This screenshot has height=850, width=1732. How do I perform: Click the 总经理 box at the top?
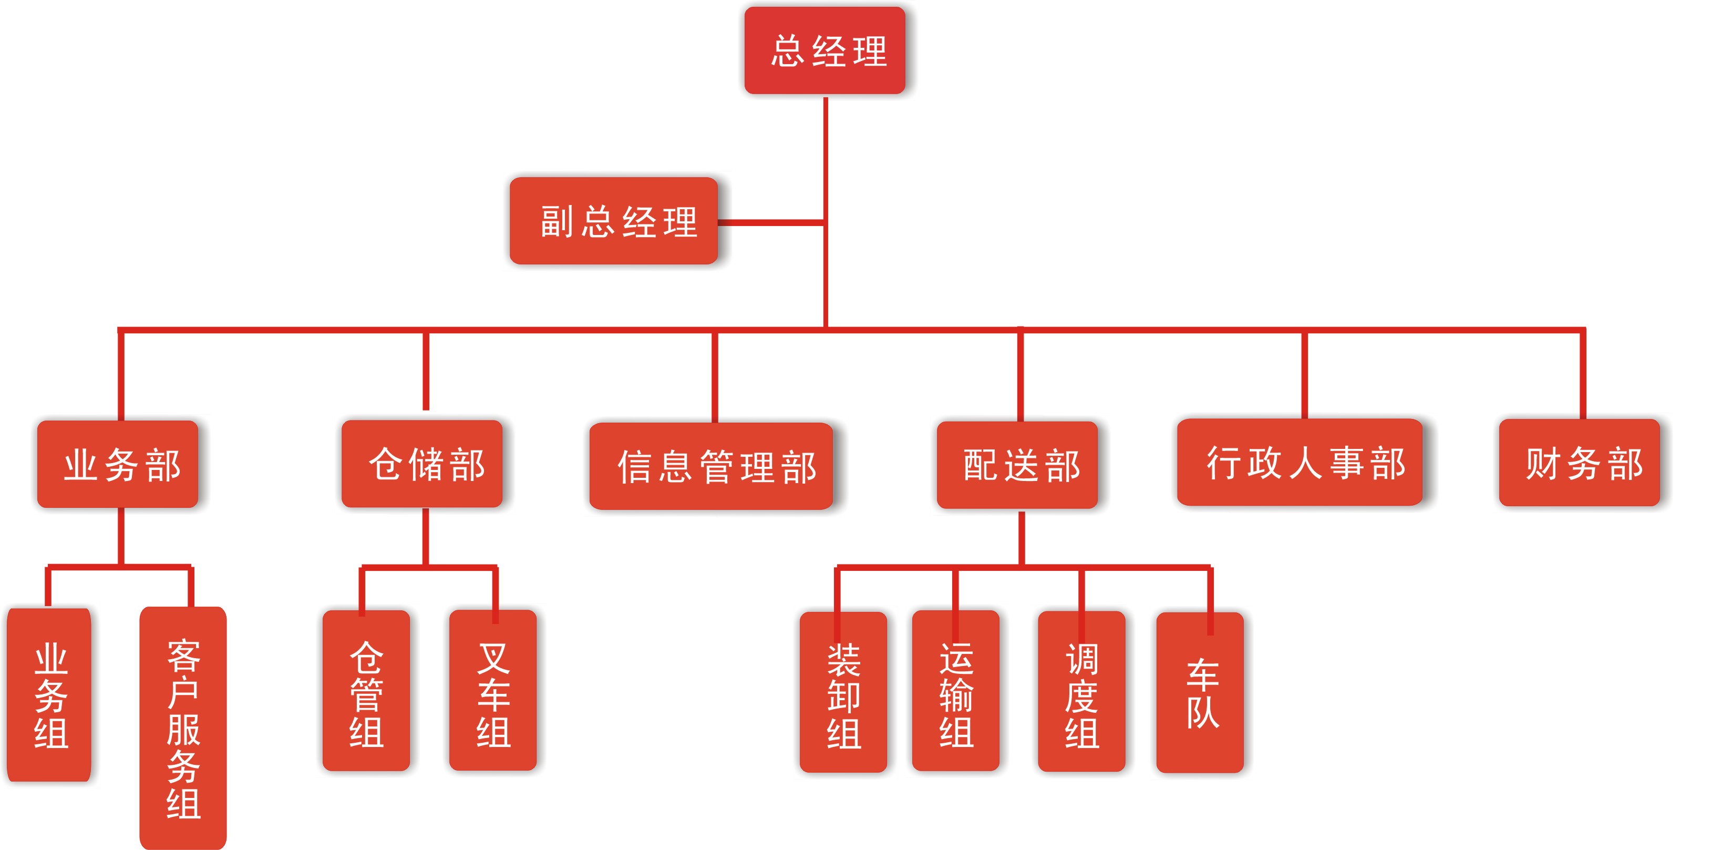tap(824, 50)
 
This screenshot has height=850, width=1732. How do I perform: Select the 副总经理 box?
tap(613, 221)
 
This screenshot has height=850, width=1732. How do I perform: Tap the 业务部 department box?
tap(118, 464)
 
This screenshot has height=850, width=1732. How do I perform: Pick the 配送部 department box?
tap(1017, 465)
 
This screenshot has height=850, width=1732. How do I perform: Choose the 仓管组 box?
tap(366, 691)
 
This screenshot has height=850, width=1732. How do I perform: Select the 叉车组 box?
tap(493, 691)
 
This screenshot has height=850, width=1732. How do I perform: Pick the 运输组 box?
tap(955, 691)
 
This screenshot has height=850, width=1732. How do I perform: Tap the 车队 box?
tap(1200, 693)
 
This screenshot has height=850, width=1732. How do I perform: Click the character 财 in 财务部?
tap(1542, 463)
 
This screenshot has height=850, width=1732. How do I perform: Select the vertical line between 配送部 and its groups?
tap(1022, 538)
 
